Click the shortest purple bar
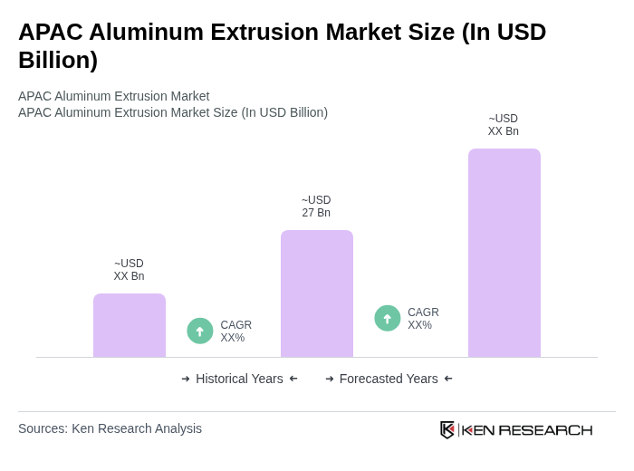point(130,325)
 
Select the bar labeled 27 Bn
point(317,293)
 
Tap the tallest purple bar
point(504,253)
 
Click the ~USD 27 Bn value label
point(316,207)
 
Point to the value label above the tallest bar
point(504,125)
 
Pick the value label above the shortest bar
point(129,270)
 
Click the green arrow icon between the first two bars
point(200,331)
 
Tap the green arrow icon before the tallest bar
point(388,318)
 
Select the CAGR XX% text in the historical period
point(235,332)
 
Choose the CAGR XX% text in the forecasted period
point(423,319)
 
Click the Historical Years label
point(239,379)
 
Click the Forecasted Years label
point(389,379)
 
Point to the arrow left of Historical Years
point(186,379)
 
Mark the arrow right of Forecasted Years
point(448,379)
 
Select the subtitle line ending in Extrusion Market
point(113,96)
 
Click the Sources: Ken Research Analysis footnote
point(110,428)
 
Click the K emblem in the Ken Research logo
point(447,429)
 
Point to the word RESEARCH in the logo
point(545,429)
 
